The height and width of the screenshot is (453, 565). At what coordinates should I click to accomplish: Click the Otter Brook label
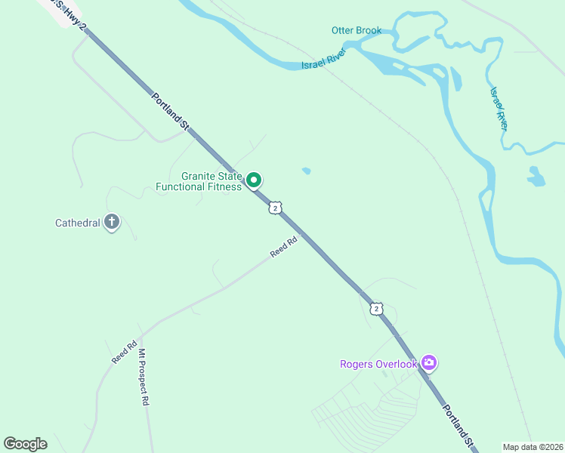(356, 30)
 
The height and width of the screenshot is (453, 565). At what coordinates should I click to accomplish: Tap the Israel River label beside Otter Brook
(323, 60)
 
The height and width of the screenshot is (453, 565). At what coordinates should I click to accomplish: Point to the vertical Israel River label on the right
(499, 108)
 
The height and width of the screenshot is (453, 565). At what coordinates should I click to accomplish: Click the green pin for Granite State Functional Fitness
(255, 180)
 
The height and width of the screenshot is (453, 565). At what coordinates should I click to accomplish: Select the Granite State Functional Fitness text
(199, 181)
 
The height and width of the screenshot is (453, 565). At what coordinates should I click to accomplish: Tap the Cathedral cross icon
(112, 222)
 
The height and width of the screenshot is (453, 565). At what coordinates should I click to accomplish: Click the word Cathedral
(77, 223)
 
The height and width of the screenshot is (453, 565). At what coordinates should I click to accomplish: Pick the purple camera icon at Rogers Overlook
(429, 364)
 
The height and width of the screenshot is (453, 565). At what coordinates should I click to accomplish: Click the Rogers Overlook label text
(378, 365)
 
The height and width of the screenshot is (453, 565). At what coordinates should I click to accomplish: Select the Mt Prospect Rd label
(143, 377)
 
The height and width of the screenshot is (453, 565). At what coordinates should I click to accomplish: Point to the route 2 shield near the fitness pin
(276, 208)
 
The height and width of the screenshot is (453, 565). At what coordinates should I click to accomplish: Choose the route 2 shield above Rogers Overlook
(376, 309)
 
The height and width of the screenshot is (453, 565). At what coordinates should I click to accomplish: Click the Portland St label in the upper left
(169, 113)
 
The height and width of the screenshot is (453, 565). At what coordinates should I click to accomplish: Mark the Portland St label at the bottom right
(458, 427)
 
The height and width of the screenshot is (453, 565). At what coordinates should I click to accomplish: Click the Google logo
(26, 443)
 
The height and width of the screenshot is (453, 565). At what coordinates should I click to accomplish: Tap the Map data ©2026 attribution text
(532, 447)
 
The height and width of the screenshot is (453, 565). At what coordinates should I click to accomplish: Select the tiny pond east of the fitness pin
(306, 171)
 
